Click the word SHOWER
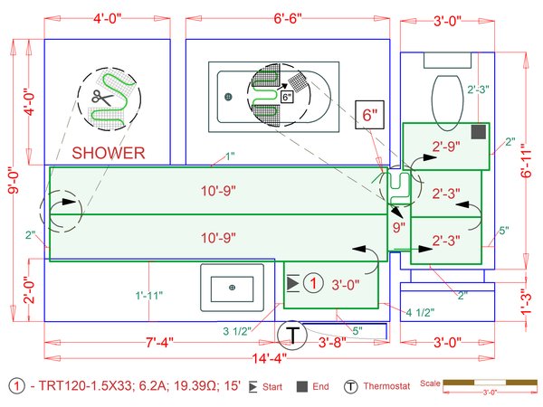point(109,153)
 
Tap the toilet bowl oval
point(446,97)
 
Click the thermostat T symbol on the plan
point(292,336)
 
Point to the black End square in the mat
point(479,132)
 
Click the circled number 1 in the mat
point(312,283)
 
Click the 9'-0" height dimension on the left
point(13,181)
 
